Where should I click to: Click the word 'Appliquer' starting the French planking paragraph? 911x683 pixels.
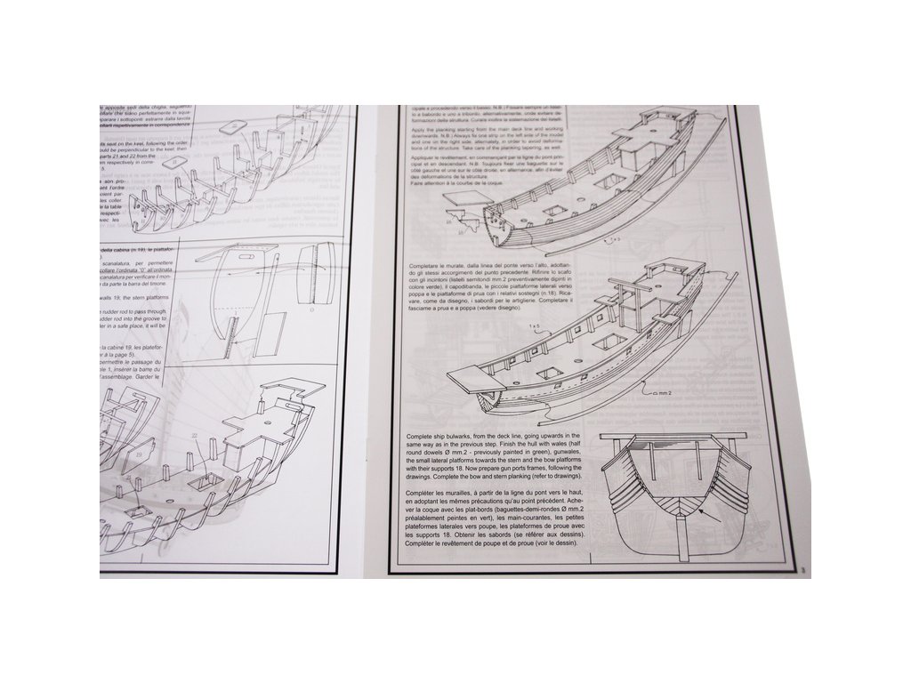pos(422,165)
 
